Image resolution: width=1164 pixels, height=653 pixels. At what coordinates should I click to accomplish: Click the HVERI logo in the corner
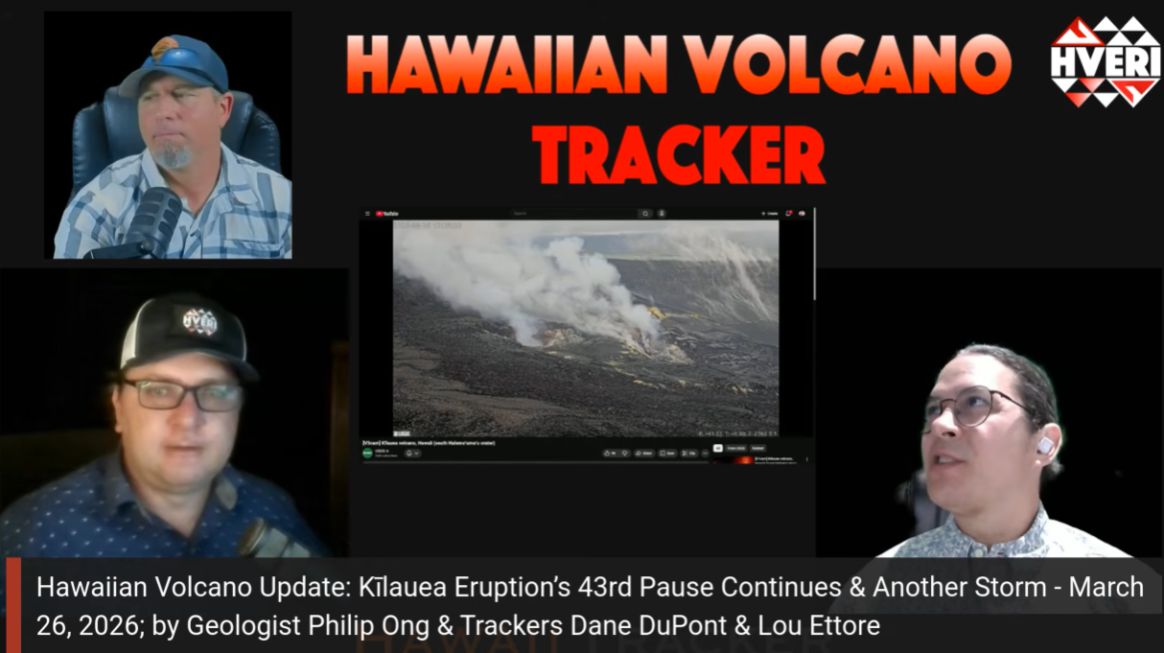click(x=1106, y=60)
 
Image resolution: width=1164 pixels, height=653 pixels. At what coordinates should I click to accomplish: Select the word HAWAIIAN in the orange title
click(x=506, y=67)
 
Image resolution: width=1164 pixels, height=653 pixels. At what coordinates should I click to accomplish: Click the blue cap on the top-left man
click(x=176, y=64)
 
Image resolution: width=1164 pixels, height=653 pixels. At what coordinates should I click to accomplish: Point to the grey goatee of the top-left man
click(x=174, y=154)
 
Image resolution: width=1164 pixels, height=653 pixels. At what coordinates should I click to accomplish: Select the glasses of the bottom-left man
click(x=181, y=394)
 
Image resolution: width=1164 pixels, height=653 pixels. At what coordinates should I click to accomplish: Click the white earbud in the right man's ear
click(x=1044, y=446)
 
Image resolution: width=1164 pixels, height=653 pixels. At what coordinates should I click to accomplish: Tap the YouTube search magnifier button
click(x=646, y=213)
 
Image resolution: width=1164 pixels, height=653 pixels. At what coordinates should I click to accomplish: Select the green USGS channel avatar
click(x=367, y=453)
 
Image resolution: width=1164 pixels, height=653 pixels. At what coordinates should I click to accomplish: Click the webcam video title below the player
click(x=428, y=442)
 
